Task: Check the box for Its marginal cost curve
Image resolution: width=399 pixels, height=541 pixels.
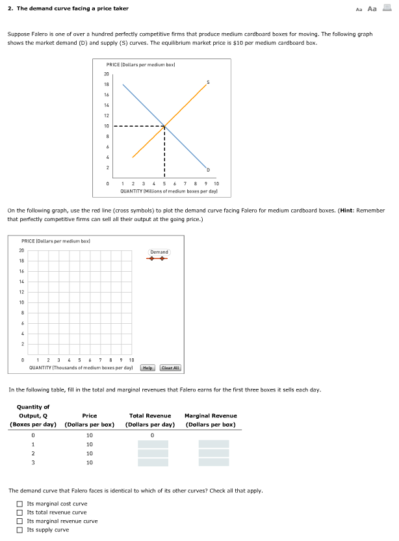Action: (x=20, y=504)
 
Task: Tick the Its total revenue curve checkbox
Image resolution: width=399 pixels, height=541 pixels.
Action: (x=20, y=512)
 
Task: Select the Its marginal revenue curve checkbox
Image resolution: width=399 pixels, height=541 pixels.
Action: (x=20, y=521)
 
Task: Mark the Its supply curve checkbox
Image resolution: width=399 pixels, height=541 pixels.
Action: (x=20, y=530)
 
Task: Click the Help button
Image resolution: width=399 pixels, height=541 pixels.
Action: (x=148, y=367)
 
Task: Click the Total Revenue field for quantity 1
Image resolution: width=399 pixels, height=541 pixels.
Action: (x=153, y=444)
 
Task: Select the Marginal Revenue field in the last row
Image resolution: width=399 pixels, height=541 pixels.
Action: (x=213, y=462)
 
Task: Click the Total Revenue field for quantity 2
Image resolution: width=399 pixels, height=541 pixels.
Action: (x=153, y=453)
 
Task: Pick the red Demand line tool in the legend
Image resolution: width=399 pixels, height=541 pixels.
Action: (x=159, y=258)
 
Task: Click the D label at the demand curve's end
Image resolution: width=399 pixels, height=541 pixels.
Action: (x=209, y=170)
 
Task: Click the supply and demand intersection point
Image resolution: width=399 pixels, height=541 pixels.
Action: (x=164, y=125)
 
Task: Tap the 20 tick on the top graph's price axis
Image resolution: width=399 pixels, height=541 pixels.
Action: (x=106, y=73)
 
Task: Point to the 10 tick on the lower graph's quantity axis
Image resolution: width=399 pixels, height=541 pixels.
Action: (x=132, y=360)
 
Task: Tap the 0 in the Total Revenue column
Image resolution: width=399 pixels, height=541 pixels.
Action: (x=151, y=435)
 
